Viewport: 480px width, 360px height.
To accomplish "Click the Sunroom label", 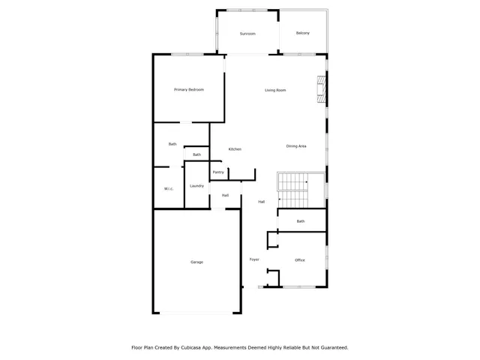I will click(247, 34).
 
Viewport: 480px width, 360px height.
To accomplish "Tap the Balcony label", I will click(303, 33).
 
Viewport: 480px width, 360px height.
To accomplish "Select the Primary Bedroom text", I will click(189, 90).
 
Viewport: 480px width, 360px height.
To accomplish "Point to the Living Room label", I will click(275, 91).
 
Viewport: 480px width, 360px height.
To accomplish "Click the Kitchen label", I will click(235, 149).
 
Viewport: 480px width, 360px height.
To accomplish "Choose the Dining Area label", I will click(296, 145).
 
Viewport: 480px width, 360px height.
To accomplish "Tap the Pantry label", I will click(218, 172).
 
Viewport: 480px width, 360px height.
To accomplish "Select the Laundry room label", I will click(197, 185).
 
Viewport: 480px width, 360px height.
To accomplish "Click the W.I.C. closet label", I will click(169, 188).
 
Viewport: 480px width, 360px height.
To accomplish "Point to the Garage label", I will click(196, 262).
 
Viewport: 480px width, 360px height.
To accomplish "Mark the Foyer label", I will click(254, 259).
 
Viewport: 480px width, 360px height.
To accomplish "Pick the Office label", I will click(300, 260).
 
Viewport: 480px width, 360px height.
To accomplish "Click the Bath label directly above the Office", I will click(301, 221).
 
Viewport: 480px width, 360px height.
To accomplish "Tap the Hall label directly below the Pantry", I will click(225, 196).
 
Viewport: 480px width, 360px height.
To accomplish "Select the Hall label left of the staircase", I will click(262, 202).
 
